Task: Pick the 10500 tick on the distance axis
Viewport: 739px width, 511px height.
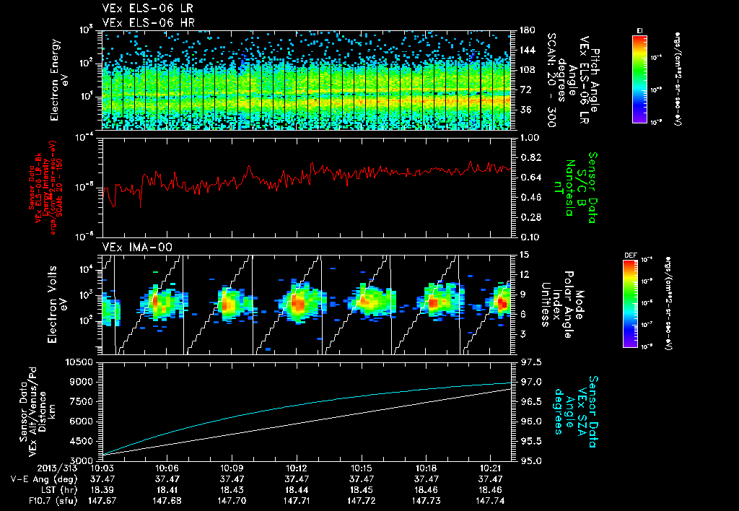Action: point(82,362)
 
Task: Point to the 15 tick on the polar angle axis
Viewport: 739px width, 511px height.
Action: point(523,255)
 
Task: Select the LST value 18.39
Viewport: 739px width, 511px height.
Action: point(103,489)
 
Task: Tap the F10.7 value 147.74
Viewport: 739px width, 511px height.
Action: point(491,499)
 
